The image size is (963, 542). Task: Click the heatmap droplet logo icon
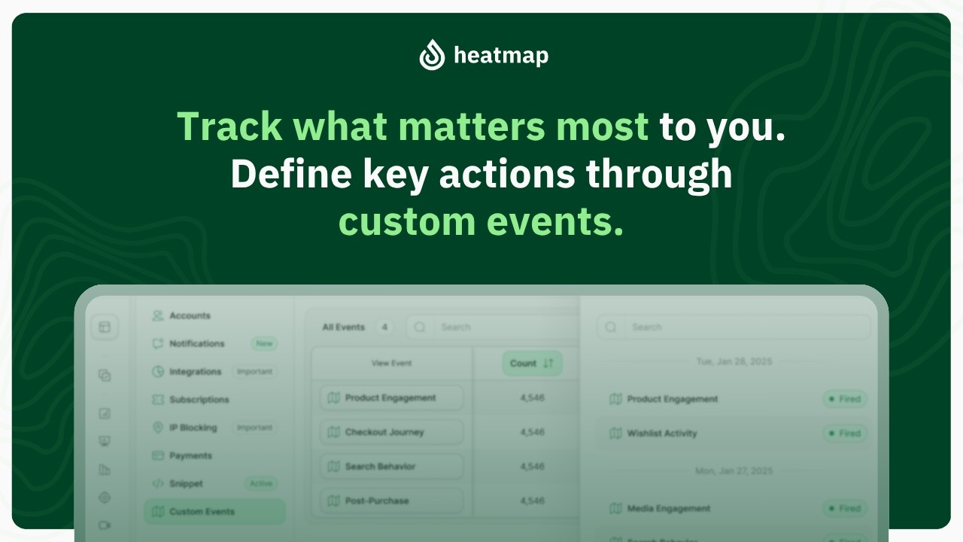point(433,55)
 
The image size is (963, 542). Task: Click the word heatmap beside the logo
point(501,56)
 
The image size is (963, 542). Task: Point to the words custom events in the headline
point(481,221)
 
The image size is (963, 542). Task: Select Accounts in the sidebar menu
point(190,316)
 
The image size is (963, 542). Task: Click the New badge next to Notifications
point(264,343)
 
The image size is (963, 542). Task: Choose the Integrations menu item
point(195,372)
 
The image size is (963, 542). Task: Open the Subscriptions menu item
point(199,400)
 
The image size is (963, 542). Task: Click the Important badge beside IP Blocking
point(254,428)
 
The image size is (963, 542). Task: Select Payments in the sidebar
point(190,455)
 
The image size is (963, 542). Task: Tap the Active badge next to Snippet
point(262,483)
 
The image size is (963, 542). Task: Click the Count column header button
point(531,364)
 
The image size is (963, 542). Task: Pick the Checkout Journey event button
point(391,432)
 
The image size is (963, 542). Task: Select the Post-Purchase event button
point(391,501)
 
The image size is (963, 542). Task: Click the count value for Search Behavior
point(532,467)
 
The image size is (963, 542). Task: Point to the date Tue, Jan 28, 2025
point(734,362)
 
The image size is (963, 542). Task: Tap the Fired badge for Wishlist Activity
point(844,434)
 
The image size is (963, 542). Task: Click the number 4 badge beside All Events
point(384,327)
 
